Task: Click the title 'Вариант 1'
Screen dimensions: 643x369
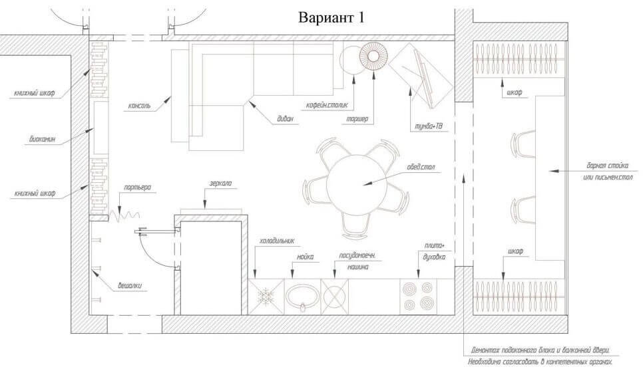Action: pyautogui.click(x=331, y=17)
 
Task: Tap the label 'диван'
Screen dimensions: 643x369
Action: pyautogui.click(x=286, y=119)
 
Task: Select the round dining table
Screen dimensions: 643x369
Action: pyautogui.click(x=356, y=184)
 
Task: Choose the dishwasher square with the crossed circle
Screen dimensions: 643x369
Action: pyautogui.click(x=335, y=297)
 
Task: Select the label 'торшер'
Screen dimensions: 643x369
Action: pyautogui.click(x=357, y=119)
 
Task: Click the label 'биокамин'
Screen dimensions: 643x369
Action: pyautogui.click(x=42, y=139)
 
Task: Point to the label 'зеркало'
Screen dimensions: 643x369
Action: pyautogui.click(x=220, y=183)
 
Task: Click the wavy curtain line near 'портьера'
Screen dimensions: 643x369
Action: pyautogui.click(x=124, y=215)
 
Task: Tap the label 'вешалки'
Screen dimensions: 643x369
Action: pyautogui.click(x=130, y=286)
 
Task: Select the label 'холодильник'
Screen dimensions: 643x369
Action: pyautogui.click(x=277, y=241)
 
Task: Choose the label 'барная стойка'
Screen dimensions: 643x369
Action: pyautogui.click(x=607, y=166)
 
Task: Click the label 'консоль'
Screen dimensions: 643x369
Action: pyautogui.click(x=139, y=106)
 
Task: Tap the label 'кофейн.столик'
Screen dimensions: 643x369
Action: pyautogui.click(x=327, y=105)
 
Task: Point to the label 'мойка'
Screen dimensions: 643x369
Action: pyautogui.click(x=305, y=257)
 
